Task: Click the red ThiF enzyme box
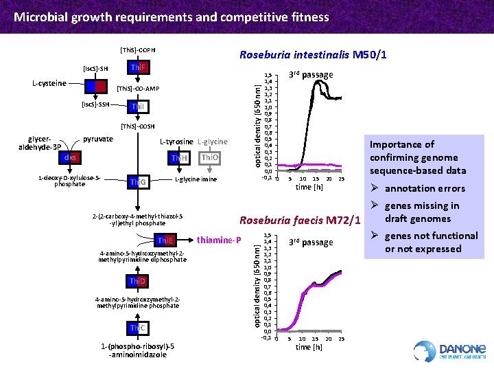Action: (139, 67)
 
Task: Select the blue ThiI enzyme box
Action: (139, 107)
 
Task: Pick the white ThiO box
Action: (209, 159)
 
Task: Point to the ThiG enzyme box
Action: (138, 182)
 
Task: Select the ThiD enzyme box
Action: (138, 282)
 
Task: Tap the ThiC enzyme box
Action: (138, 328)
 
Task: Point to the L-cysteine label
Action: (49, 83)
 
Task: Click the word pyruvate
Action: (97, 139)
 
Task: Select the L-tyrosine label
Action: (176, 142)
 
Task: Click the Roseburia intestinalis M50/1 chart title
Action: (311, 55)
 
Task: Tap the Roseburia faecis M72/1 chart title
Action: (299, 221)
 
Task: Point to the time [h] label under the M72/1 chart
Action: (308, 347)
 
